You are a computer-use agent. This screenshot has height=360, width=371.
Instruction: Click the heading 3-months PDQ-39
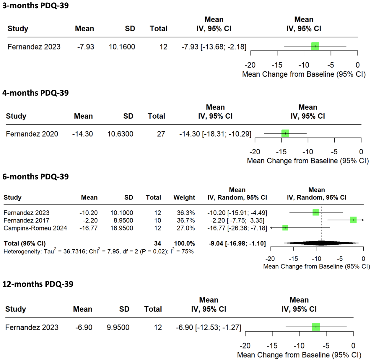(x=35, y=6)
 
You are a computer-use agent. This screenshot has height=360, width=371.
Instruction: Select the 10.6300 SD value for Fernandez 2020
(x=120, y=134)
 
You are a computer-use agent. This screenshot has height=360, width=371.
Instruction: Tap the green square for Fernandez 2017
(x=353, y=220)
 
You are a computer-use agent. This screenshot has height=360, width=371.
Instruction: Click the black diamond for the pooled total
(x=321, y=243)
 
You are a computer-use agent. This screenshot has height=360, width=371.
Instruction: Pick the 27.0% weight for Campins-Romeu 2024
(x=186, y=228)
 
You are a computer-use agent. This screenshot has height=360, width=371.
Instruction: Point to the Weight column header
(x=184, y=197)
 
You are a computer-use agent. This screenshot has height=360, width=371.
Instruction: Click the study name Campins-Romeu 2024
(x=35, y=228)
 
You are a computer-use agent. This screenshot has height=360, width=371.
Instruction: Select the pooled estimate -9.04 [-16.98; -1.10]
(x=237, y=243)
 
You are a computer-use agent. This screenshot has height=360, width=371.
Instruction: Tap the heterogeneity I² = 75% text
(x=182, y=251)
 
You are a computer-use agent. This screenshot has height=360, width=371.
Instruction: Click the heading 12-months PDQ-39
(x=38, y=284)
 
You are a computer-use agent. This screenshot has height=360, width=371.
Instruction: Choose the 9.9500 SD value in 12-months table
(x=118, y=328)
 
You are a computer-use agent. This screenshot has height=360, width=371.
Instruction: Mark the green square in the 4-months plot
(x=285, y=133)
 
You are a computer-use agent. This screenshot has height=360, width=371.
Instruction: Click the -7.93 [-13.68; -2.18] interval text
(x=214, y=47)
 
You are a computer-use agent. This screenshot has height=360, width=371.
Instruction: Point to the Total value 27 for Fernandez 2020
(x=161, y=134)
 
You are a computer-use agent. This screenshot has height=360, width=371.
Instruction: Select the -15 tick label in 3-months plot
(x=277, y=65)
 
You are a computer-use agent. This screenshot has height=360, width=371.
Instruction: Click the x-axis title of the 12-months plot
(x=299, y=355)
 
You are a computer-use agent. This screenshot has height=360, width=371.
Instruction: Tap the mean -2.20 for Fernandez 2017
(x=90, y=220)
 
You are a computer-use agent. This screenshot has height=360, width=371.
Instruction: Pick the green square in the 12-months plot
(x=316, y=327)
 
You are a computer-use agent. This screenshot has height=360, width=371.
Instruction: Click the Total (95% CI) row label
(x=25, y=243)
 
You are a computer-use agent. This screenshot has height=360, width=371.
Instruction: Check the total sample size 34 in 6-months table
(x=157, y=243)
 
